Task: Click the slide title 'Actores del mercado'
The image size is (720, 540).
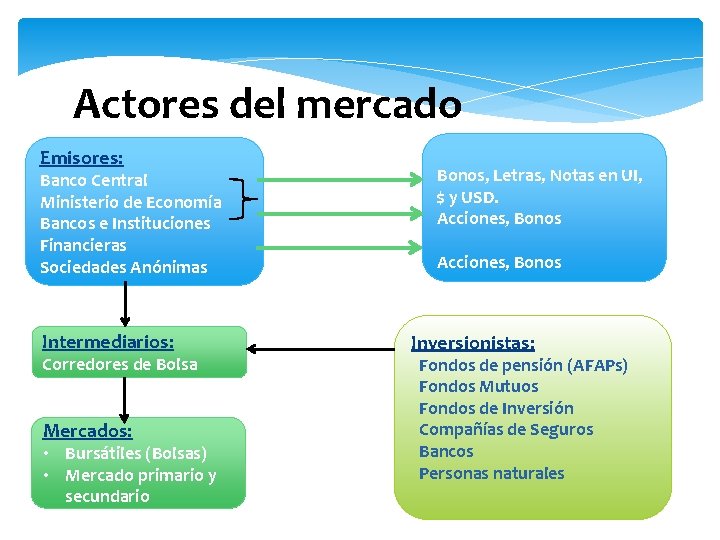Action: (x=267, y=103)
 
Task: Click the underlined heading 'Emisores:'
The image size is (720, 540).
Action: (x=82, y=158)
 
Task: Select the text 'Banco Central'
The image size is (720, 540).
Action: (x=93, y=181)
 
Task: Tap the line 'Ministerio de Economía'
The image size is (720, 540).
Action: (x=131, y=202)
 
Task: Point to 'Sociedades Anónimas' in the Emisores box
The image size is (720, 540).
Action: (x=124, y=267)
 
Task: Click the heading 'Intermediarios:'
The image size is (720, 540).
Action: (x=108, y=342)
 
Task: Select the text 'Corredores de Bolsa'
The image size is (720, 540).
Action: (x=120, y=365)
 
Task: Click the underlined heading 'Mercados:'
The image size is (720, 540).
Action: (x=87, y=431)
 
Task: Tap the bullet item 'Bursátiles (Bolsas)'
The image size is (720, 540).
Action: (x=136, y=454)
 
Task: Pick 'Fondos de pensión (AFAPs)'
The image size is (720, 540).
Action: (x=523, y=366)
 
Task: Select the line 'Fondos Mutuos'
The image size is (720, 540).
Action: (x=478, y=387)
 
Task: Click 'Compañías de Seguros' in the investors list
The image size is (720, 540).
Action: (x=506, y=430)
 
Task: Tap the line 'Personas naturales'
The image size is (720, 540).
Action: (x=491, y=474)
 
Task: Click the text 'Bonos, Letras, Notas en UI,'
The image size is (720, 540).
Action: (x=540, y=176)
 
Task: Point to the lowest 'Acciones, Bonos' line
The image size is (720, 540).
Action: (x=499, y=263)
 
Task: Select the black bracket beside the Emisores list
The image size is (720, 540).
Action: (x=242, y=199)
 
